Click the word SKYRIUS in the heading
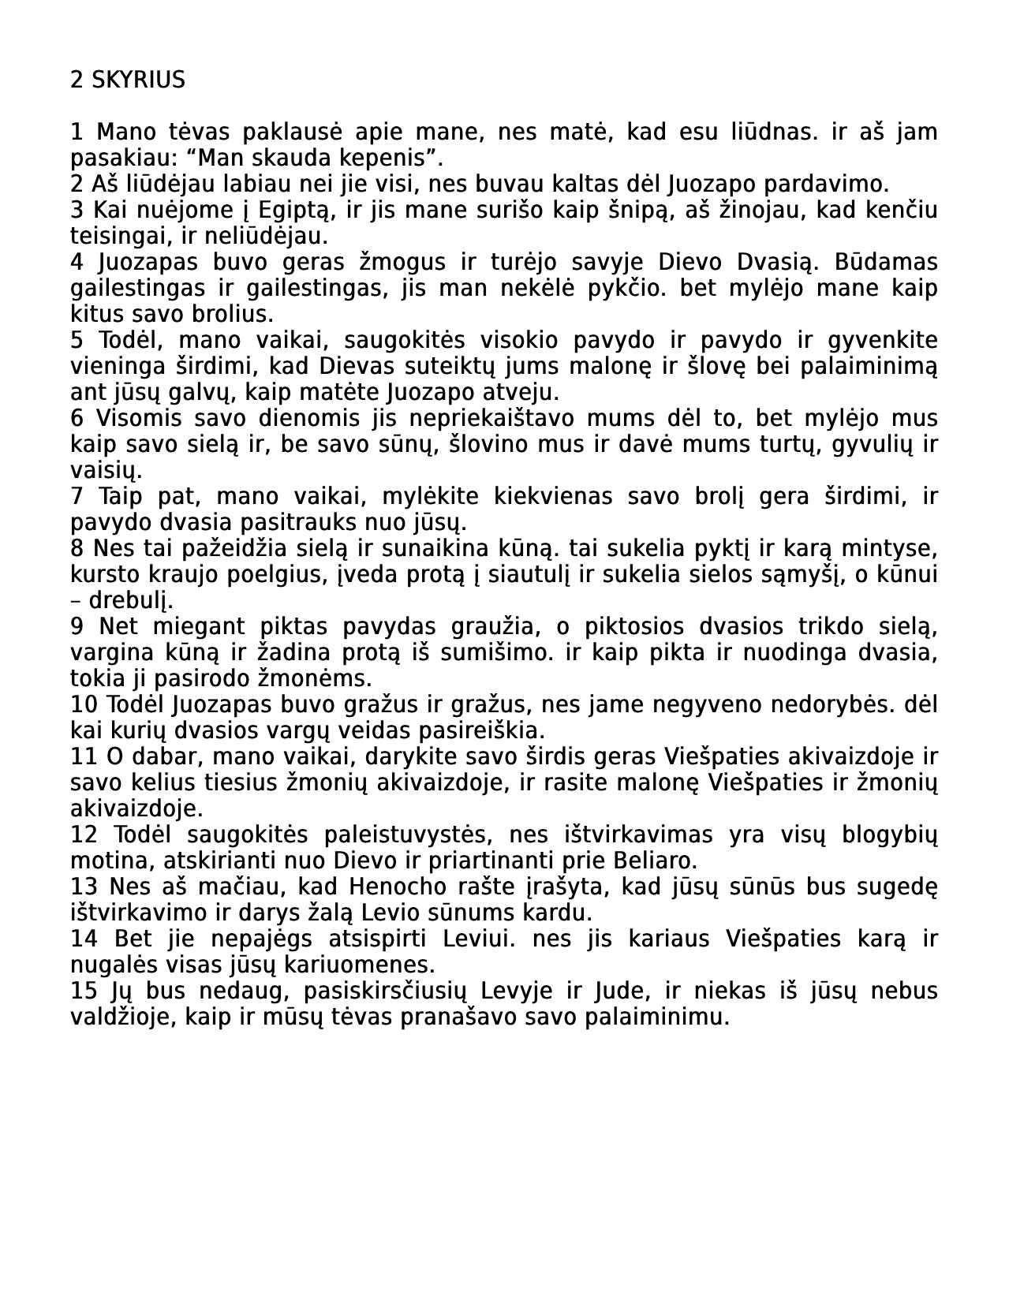pos(139,80)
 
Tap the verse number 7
pos(77,496)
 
